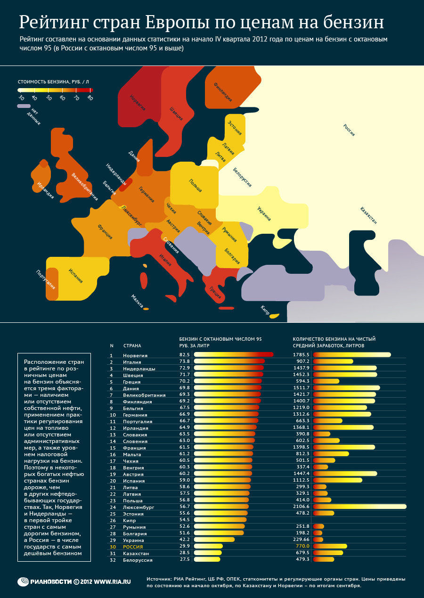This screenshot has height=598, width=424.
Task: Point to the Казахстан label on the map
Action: [369, 215]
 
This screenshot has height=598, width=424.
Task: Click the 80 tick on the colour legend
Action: [90, 98]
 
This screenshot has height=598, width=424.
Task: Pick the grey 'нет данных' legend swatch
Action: [24, 106]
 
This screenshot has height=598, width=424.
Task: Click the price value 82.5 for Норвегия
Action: [184, 354]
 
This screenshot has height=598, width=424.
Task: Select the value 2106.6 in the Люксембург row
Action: [301, 507]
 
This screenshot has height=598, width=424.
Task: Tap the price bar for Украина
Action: [214, 540]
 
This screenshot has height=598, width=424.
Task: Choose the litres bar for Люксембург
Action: [359, 507]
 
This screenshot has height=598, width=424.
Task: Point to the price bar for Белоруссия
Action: [207, 559]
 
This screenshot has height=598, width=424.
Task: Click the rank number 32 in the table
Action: [112, 560]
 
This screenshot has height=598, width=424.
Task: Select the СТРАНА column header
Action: [132, 346]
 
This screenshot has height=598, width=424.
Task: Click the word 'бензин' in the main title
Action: [349, 22]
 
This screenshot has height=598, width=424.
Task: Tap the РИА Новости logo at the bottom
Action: [44, 581]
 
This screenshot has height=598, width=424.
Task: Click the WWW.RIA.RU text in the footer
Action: [113, 582]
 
